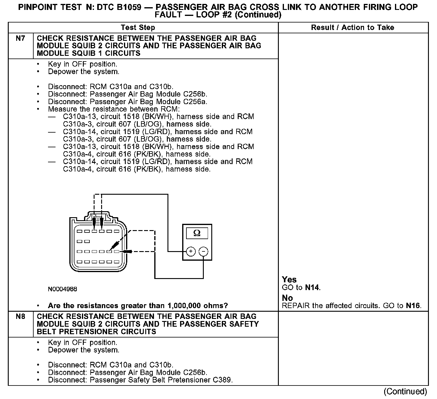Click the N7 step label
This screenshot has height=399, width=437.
point(20,38)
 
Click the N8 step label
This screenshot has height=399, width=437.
point(20,316)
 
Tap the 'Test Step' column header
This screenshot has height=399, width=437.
point(138,28)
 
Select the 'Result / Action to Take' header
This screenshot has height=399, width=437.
point(352,28)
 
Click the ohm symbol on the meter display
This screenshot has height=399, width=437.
point(197,233)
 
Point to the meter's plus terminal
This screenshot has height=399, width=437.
point(191,251)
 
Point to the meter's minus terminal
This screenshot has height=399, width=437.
point(203,251)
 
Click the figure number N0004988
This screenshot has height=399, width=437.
point(62,289)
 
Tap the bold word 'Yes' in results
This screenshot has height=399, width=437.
point(289,280)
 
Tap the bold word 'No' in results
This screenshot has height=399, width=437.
point(287,298)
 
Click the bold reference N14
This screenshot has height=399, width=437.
point(312,288)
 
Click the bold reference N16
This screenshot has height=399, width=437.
point(413,306)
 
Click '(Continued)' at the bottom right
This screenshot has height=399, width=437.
point(405,391)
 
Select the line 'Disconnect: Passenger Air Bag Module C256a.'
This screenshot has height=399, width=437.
point(128,102)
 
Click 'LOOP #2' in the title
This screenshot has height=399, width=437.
point(214,15)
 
